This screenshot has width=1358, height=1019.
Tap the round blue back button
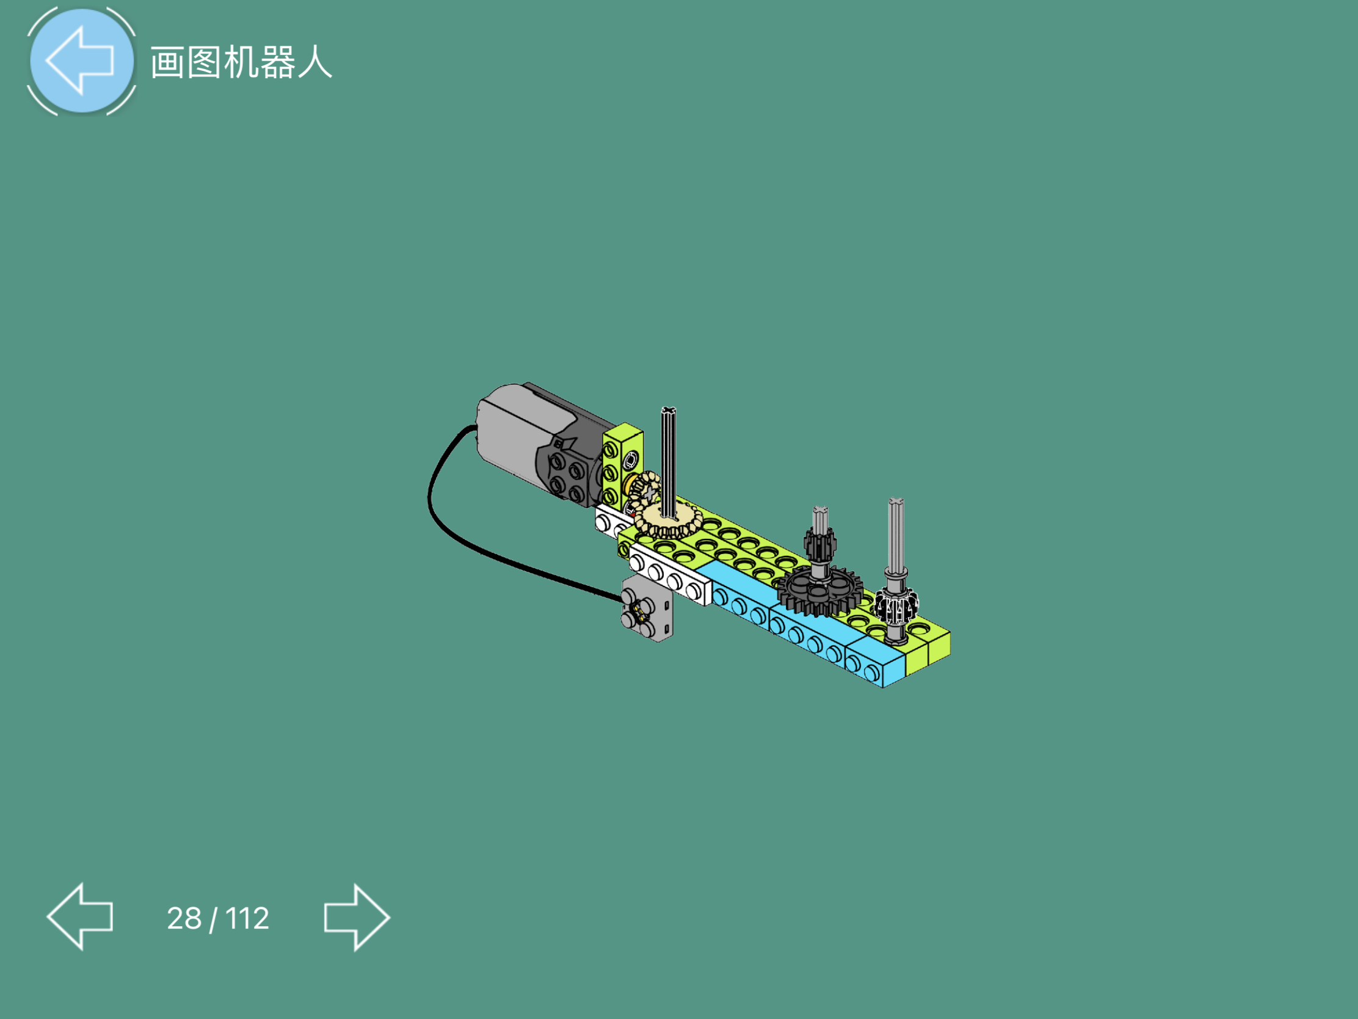[x=82, y=60]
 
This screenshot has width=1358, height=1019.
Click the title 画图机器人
[x=241, y=63]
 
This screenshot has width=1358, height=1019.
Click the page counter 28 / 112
[x=218, y=918]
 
